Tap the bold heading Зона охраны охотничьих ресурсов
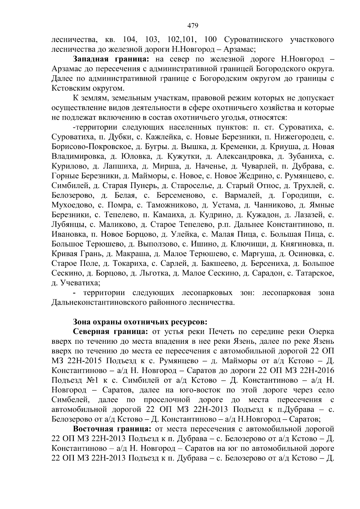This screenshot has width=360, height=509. [x=140, y=322]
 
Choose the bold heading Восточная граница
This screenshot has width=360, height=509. [x=111, y=429]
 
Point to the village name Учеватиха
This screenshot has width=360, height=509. [x=80, y=283]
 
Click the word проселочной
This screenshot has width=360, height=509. [x=167, y=400]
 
